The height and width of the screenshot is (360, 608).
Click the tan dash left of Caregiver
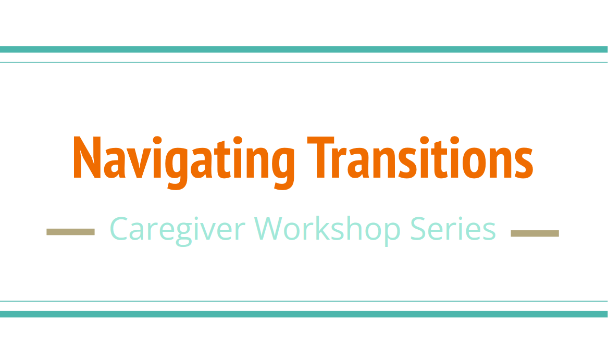[x=70, y=232]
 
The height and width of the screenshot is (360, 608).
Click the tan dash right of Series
[x=535, y=233]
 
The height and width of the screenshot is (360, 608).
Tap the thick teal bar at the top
[x=304, y=49]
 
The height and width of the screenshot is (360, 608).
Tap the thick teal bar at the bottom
[x=304, y=314]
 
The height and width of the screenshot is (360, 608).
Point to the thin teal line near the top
[x=304, y=63]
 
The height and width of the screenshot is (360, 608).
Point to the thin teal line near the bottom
[x=304, y=301]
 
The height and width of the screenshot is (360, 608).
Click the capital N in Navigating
[x=85, y=158]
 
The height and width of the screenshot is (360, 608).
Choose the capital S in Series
[x=418, y=229]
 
